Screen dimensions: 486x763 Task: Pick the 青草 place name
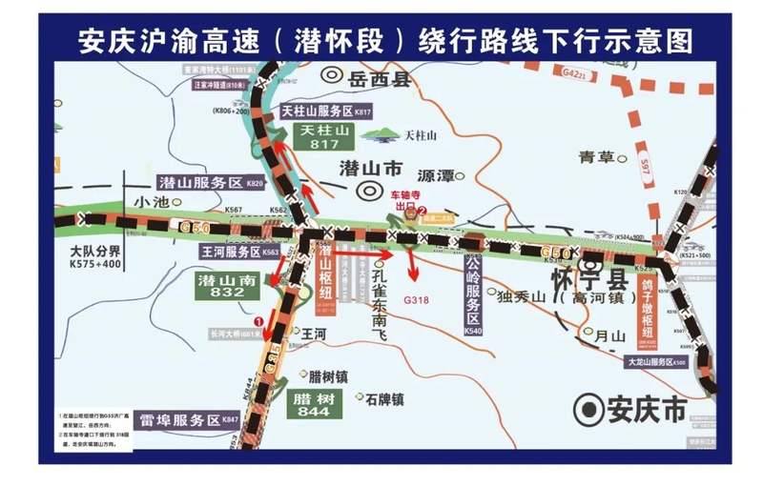pyautogui.click(x=597, y=157)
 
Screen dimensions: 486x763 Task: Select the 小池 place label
pyautogui.click(x=151, y=202)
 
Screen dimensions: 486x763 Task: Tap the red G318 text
pyautogui.click(x=417, y=297)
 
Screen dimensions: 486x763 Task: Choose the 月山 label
pyautogui.click(x=608, y=336)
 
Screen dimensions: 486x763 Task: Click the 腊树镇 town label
pyautogui.click(x=330, y=375)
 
